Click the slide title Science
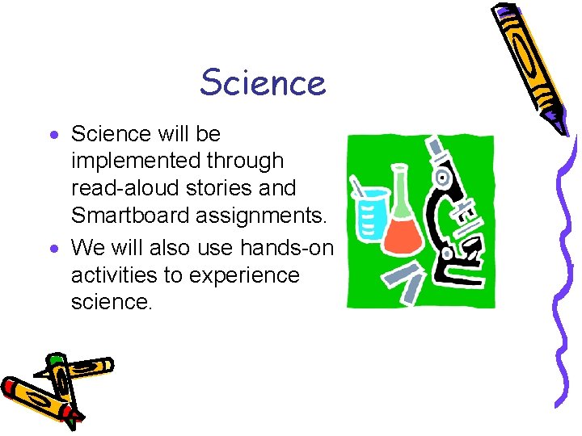click(x=263, y=82)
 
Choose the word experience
click(x=244, y=275)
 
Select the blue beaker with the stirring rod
click(x=369, y=213)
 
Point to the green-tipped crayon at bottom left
click(x=77, y=369)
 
